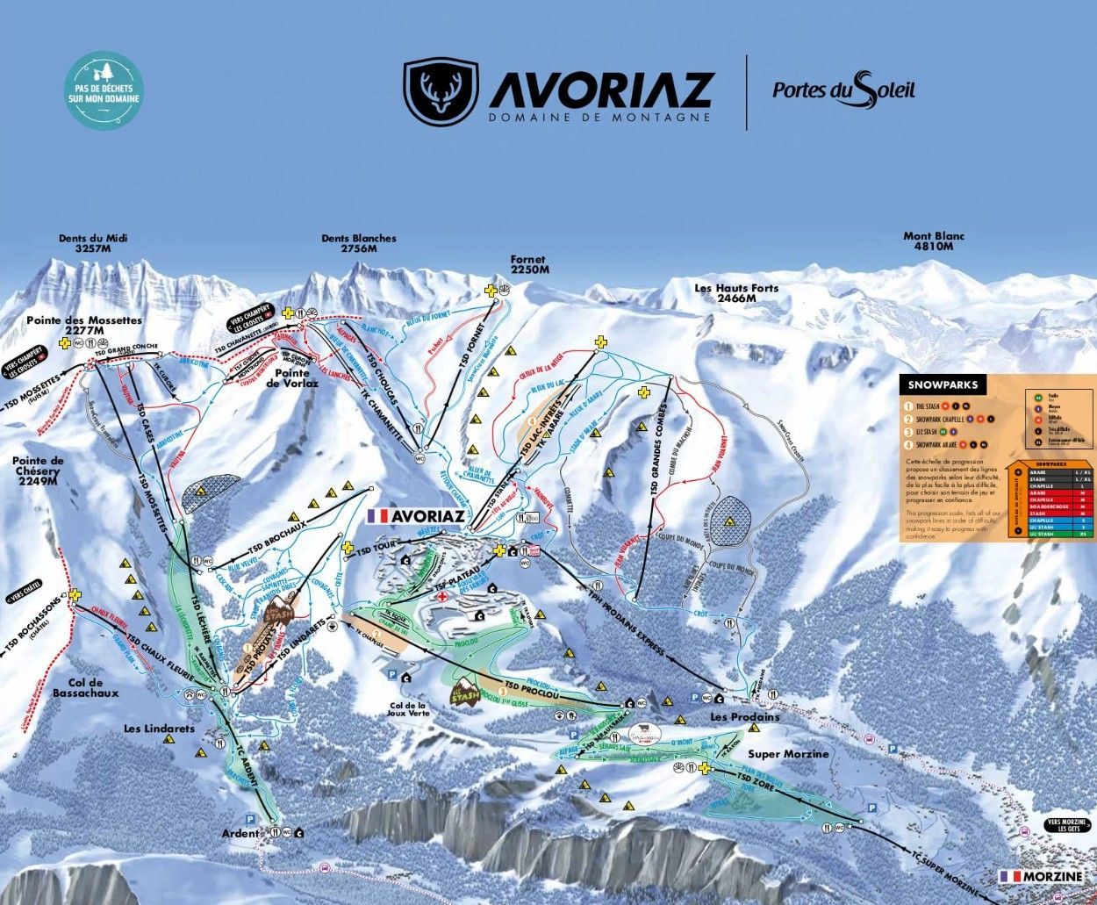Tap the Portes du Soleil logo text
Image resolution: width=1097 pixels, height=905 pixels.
click(843, 90)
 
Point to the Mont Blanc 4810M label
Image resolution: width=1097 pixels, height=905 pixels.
click(934, 241)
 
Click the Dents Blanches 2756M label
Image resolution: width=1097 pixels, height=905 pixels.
click(358, 243)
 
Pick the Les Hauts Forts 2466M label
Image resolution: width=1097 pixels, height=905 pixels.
click(735, 293)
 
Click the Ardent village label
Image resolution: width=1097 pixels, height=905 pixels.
click(240, 833)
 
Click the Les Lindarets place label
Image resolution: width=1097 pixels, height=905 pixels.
click(159, 728)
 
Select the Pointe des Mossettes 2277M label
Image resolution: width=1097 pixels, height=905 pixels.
click(84, 326)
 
